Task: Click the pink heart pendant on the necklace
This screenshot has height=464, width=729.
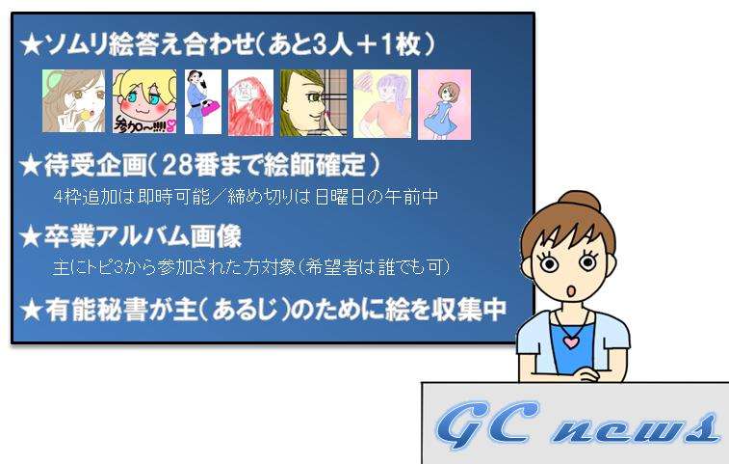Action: tap(570, 341)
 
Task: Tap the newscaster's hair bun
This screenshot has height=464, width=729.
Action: tap(580, 203)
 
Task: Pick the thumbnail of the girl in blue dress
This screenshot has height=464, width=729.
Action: tap(445, 104)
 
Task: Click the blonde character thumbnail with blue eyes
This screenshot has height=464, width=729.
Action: tap(144, 101)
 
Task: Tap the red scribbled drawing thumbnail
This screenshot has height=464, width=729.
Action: tap(250, 102)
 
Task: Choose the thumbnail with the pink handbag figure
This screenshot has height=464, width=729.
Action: tap(202, 101)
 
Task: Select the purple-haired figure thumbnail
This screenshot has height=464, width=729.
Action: tap(382, 103)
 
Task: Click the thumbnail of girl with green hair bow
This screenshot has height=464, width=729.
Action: tap(73, 100)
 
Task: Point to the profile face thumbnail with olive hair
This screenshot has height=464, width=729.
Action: tap(313, 102)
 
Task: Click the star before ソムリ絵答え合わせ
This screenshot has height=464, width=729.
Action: tap(31, 46)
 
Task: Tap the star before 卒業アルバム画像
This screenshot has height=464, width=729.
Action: tap(31, 236)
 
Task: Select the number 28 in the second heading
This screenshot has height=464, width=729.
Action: tap(176, 164)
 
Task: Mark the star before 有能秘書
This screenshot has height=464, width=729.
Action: tap(32, 311)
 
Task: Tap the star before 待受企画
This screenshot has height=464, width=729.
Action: tap(31, 165)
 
